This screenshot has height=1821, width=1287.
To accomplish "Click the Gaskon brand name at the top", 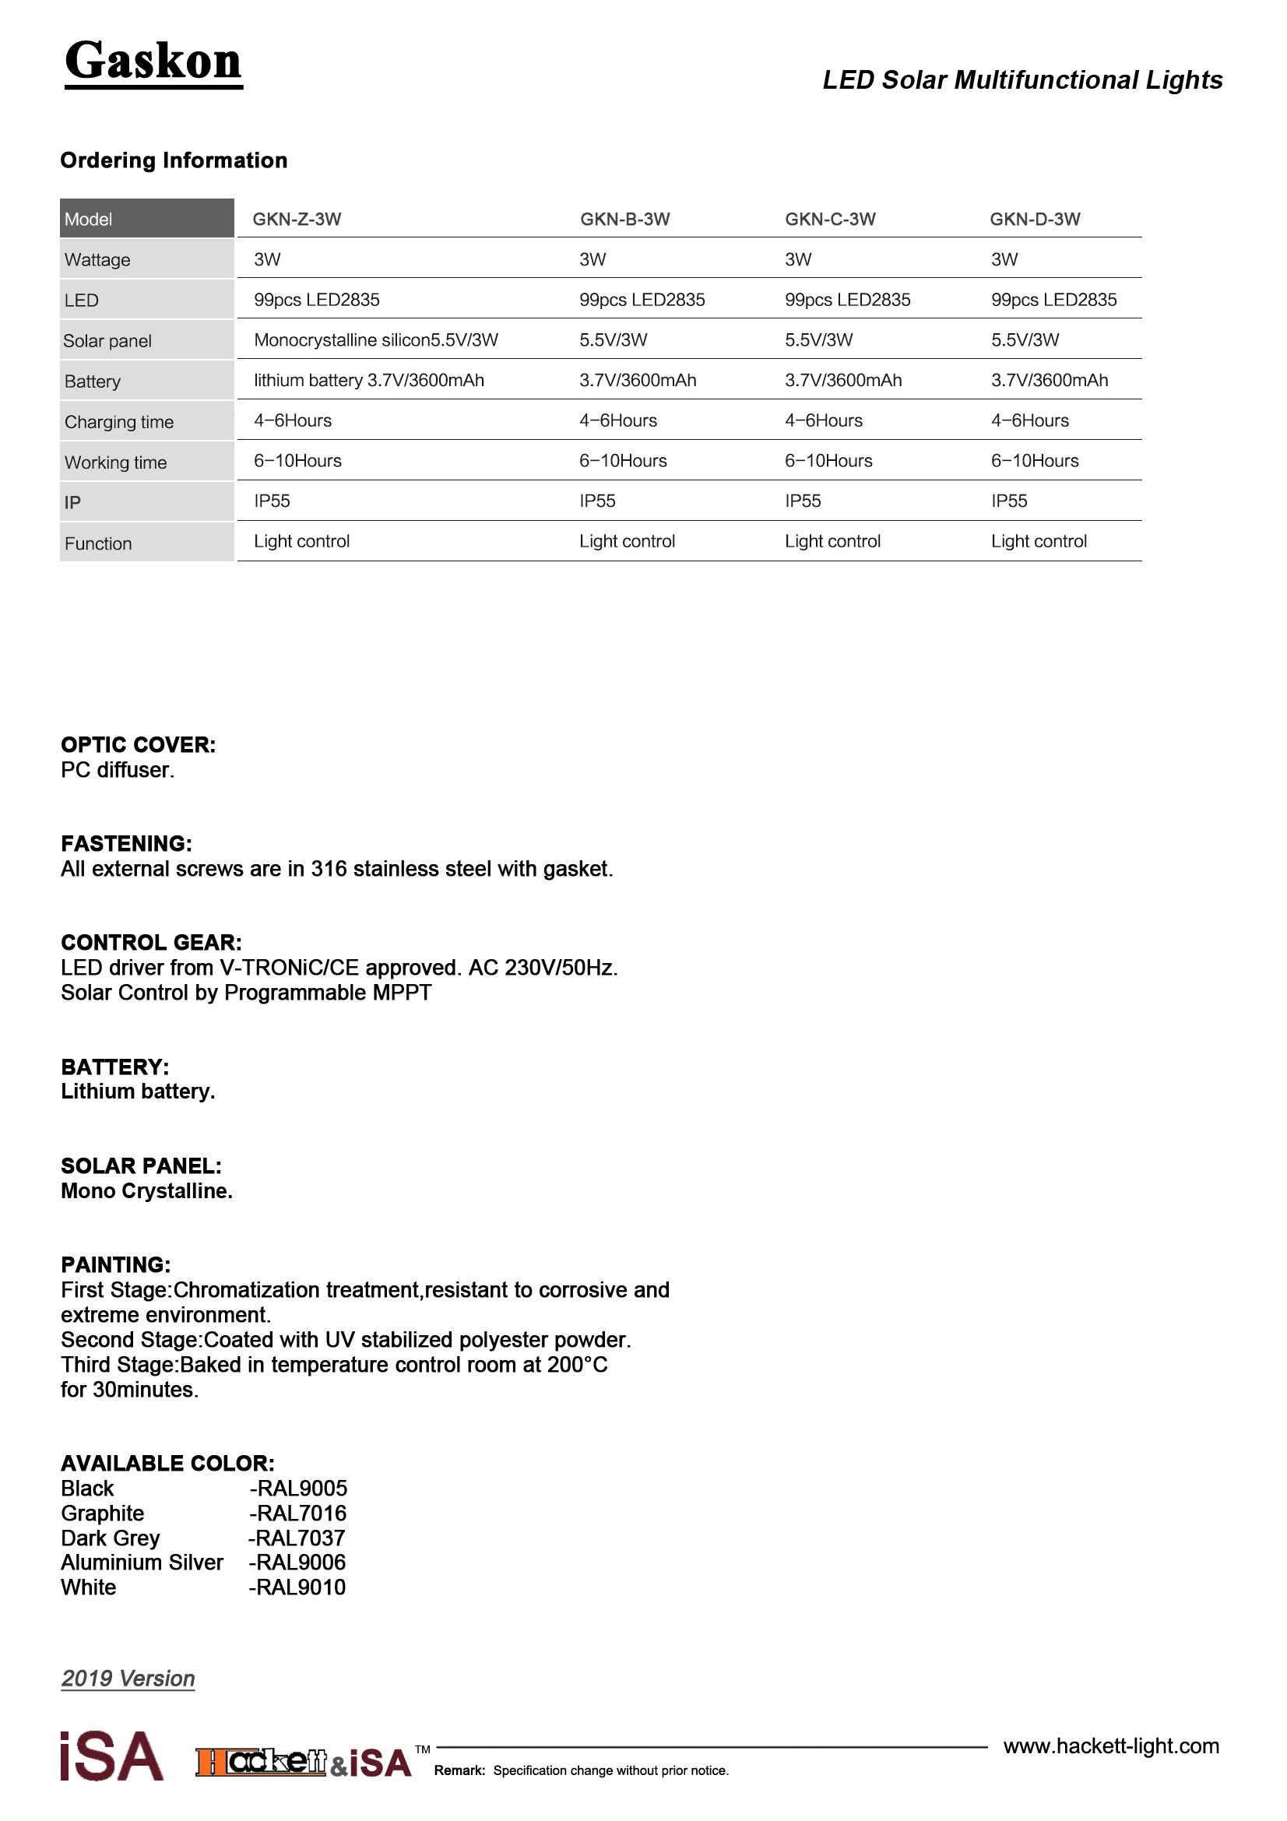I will [x=153, y=62].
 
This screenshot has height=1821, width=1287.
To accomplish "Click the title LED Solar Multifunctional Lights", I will [x=1022, y=80].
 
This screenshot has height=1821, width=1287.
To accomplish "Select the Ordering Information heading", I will [x=174, y=160].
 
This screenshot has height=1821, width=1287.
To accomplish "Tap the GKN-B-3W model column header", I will [x=625, y=219].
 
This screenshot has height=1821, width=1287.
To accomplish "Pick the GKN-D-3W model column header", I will [x=1035, y=219].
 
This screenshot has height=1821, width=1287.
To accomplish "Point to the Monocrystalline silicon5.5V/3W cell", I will [x=376, y=340].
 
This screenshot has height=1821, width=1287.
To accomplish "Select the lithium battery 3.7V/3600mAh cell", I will [x=369, y=381].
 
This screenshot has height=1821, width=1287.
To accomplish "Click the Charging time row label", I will [x=119, y=422].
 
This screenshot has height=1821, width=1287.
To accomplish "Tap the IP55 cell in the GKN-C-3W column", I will [x=803, y=501].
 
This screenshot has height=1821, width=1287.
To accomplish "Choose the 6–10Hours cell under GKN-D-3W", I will [x=1035, y=461].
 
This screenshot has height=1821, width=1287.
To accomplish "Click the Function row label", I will [x=98, y=544].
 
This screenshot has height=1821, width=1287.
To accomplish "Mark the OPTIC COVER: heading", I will [x=138, y=745].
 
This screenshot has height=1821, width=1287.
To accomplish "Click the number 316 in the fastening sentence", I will [x=329, y=870].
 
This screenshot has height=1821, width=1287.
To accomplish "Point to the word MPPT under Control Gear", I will [x=406, y=993].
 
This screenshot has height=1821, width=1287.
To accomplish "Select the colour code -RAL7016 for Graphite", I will [x=298, y=1513].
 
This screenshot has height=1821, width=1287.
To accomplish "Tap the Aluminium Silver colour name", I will [x=142, y=1563].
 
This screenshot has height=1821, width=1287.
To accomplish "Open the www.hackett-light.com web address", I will [x=1111, y=1745].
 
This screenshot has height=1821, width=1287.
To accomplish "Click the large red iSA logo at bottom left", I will [x=112, y=1756].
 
